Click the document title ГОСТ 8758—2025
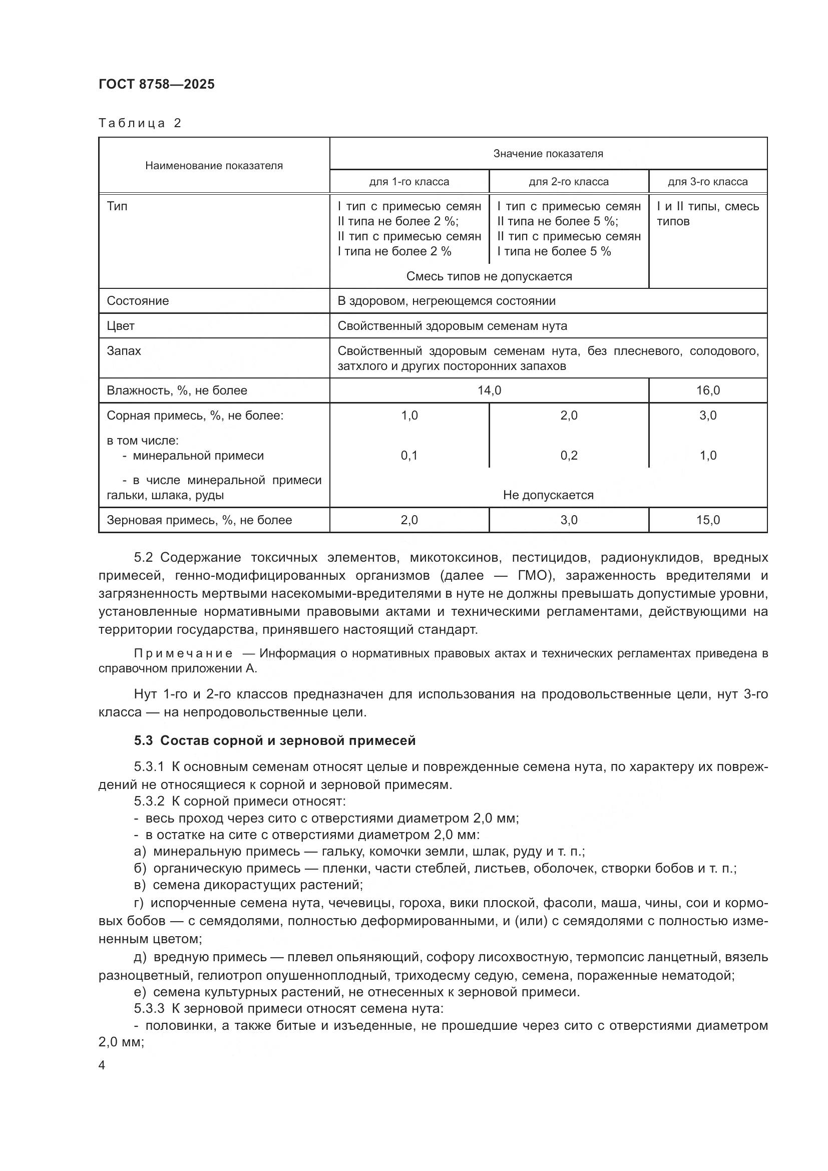pyautogui.click(x=157, y=84)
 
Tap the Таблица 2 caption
pyautogui.click(x=140, y=123)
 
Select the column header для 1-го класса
pyautogui.click(x=409, y=182)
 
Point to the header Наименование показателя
pyautogui.click(x=214, y=165)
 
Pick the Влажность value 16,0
pyautogui.click(x=708, y=390)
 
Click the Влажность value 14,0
pyautogui.click(x=489, y=390)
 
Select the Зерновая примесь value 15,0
pyautogui.click(x=708, y=520)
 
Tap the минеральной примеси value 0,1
pyautogui.click(x=409, y=456)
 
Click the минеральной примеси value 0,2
pyautogui.click(x=569, y=456)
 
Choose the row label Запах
pyautogui.click(x=124, y=351)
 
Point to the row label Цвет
pyautogui.click(x=121, y=326)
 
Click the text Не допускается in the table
pyautogui.click(x=548, y=495)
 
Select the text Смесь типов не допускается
pyautogui.click(x=489, y=276)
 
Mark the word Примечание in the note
pyautogui.click(x=183, y=654)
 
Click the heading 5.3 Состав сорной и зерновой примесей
pyautogui.click(x=275, y=740)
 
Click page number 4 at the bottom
pyautogui.click(x=102, y=1065)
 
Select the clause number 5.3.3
pyautogui.click(x=149, y=1008)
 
